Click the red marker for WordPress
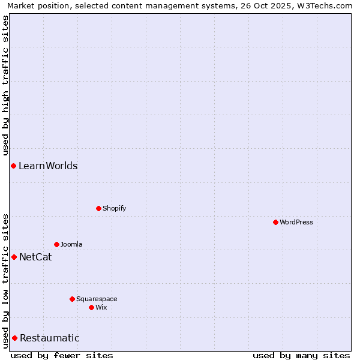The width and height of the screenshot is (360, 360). pyautogui.click(x=275, y=222)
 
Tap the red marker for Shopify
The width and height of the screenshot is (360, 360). pyautogui.click(x=98, y=208)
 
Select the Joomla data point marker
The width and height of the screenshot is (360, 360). pyautogui.click(x=56, y=244)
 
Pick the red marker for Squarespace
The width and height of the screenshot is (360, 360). pyautogui.click(x=72, y=299)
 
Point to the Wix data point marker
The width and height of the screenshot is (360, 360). pyautogui.click(x=91, y=307)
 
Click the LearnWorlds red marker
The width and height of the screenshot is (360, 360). pyautogui.click(x=13, y=166)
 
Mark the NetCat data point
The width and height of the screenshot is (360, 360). pyautogui.click(x=14, y=257)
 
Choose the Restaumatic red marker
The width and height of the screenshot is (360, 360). pyautogui.click(x=14, y=338)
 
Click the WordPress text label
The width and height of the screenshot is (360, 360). pyautogui.click(x=296, y=222)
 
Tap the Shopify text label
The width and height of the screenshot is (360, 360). pyautogui.click(x=114, y=208)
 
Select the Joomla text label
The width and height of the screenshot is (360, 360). pyautogui.click(x=71, y=244)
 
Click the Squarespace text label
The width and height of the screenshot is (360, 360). pyautogui.click(x=97, y=299)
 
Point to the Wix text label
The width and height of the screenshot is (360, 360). pyautogui.click(x=101, y=307)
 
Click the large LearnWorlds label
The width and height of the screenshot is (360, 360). pyautogui.click(x=48, y=166)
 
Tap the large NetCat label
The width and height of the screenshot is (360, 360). pyautogui.click(x=35, y=257)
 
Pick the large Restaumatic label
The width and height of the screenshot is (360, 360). pyautogui.click(x=50, y=338)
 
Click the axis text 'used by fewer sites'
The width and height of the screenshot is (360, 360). pyautogui.click(x=62, y=355)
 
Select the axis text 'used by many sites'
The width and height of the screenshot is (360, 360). pyautogui.click(x=301, y=355)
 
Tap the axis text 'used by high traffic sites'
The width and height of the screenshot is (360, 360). pyautogui.click(x=6, y=84)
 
